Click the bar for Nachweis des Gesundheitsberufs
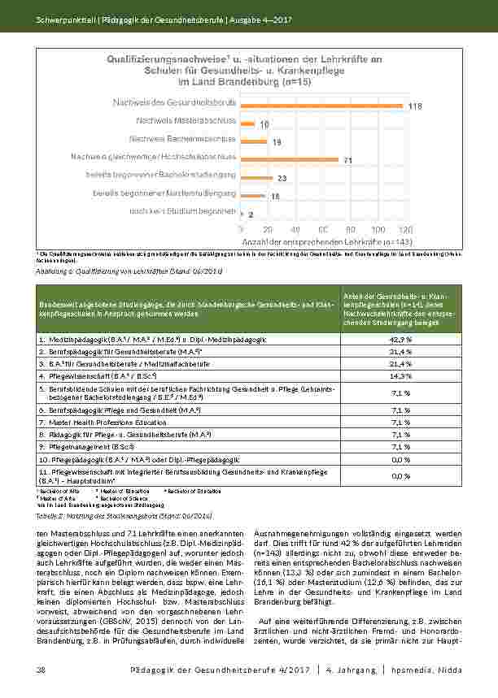pos(321,106)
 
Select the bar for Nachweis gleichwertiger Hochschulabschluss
pos(290,158)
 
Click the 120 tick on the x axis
pos(405,230)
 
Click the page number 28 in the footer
pos(41,669)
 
